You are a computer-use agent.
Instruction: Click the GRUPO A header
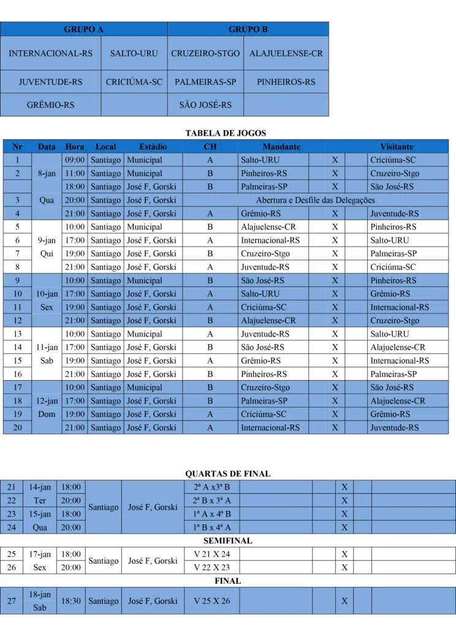pyautogui.click(x=84, y=29)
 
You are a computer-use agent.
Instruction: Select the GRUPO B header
pyautogui.click(x=248, y=29)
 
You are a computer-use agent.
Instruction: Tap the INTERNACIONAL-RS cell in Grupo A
pyautogui.click(x=50, y=53)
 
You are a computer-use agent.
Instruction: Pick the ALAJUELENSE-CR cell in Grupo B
pyautogui.click(x=286, y=53)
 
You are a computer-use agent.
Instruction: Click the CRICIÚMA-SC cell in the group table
pyautogui.click(x=134, y=82)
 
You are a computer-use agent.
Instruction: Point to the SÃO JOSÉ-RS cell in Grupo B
pyautogui.click(x=205, y=105)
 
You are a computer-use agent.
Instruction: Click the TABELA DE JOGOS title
pyautogui.click(x=226, y=133)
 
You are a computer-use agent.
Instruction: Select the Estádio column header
pyautogui.click(x=153, y=147)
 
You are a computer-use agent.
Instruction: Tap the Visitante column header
pyautogui.click(x=397, y=147)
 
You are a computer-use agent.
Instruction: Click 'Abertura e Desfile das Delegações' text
pyautogui.click(x=315, y=200)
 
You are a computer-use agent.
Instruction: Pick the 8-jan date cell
pyautogui.click(x=47, y=173)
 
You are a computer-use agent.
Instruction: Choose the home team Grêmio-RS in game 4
pyautogui.click(x=260, y=213)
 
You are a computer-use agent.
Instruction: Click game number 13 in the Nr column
pyautogui.click(x=18, y=334)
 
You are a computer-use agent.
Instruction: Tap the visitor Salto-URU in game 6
pyautogui.click(x=389, y=240)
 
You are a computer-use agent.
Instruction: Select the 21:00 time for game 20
pyautogui.click(x=75, y=427)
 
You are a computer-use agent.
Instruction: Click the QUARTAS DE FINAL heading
pyautogui.click(x=227, y=473)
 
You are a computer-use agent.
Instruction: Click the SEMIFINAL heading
pyautogui.click(x=227, y=541)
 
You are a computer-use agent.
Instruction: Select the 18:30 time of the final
pyautogui.click(x=72, y=601)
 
